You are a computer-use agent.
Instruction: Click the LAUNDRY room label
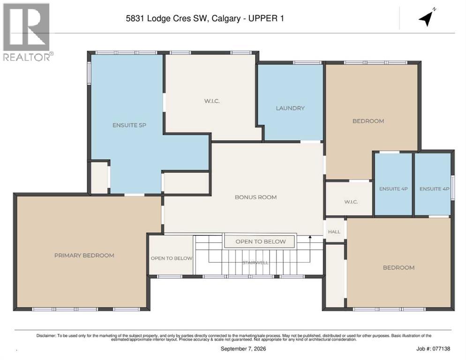click(x=290, y=108)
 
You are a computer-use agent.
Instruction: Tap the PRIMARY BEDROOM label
click(x=84, y=255)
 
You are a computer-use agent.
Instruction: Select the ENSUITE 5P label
click(x=129, y=125)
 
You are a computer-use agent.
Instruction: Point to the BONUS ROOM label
click(x=256, y=197)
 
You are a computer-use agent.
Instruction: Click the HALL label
click(x=334, y=232)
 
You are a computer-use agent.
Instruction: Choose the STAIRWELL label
click(x=256, y=263)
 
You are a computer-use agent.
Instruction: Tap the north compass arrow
click(x=427, y=18)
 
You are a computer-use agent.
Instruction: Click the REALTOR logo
click(x=27, y=32)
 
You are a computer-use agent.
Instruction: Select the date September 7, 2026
click(x=243, y=349)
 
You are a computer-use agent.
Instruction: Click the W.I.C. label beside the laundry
click(x=211, y=101)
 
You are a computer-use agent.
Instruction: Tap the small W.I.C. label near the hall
click(x=351, y=202)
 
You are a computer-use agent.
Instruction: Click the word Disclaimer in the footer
click(x=46, y=336)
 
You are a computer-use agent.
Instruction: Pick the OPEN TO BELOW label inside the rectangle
click(x=261, y=242)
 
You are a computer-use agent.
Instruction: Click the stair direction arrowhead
click(x=310, y=237)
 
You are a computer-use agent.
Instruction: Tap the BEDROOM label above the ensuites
click(x=368, y=121)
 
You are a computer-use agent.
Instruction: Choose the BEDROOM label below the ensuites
click(x=398, y=268)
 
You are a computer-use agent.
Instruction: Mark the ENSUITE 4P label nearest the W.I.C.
click(x=393, y=189)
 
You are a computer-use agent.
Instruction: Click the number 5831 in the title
click(x=135, y=18)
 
